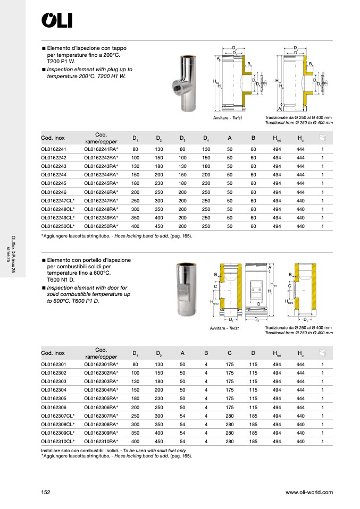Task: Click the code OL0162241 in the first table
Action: [x=53, y=149]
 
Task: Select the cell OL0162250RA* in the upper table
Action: [x=101, y=226]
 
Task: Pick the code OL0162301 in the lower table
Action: [x=53, y=364]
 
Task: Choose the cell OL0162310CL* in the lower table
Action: [x=57, y=441]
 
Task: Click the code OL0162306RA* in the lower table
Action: [x=101, y=407]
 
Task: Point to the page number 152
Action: [x=46, y=493]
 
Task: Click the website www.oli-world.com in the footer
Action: [x=309, y=493]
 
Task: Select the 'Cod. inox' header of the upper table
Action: [x=53, y=138]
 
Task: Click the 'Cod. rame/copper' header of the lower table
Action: [x=101, y=353]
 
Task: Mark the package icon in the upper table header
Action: [x=322, y=138]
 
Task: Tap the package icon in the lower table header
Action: [x=322, y=353]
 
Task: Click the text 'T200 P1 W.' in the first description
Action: [x=62, y=62]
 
